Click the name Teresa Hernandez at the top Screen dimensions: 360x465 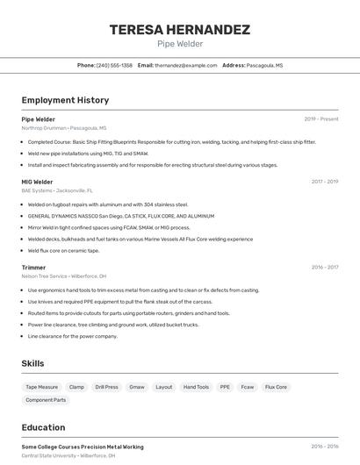pos(179,29)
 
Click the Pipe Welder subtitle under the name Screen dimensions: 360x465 pos(179,44)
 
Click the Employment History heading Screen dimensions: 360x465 pos(65,101)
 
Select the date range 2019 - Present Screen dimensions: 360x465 pos(320,119)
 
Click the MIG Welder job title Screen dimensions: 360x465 pos(37,182)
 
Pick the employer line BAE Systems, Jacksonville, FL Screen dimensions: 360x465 pos(57,190)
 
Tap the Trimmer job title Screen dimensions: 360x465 pos(33,268)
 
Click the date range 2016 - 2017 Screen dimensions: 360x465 pos(324,268)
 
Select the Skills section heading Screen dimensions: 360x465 pos(32,363)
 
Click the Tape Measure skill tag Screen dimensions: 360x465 pos(41,387)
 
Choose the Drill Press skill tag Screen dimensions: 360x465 pos(106,387)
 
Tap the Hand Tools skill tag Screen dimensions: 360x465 pos(196,387)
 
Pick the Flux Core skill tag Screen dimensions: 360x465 pos(276,387)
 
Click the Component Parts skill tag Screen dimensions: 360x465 pos(46,400)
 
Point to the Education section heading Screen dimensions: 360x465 pos(43,428)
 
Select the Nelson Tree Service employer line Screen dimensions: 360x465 pos(63,276)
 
